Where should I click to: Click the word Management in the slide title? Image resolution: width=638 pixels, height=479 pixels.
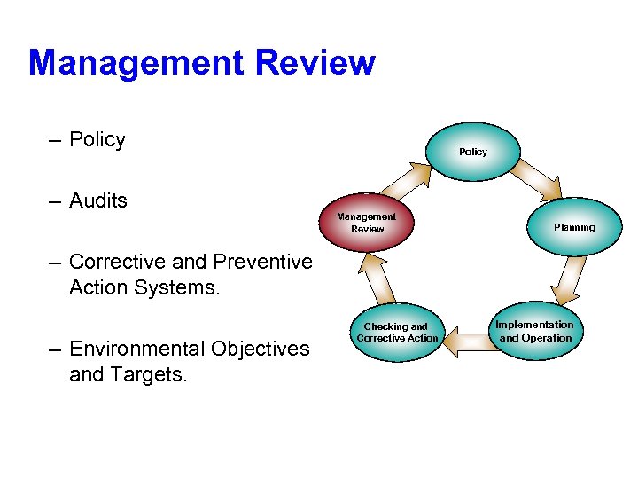(135, 64)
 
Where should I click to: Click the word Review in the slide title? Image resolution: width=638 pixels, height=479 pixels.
(315, 64)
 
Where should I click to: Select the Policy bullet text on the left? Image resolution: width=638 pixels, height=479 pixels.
(97, 140)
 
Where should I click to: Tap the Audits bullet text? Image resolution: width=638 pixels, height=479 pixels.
(97, 201)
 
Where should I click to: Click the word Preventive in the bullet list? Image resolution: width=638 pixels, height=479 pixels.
(263, 263)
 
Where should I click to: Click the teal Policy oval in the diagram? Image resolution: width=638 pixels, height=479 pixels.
(473, 152)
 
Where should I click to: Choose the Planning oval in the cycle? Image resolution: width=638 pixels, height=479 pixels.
(574, 227)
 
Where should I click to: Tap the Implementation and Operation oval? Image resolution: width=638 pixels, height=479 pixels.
(535, 331)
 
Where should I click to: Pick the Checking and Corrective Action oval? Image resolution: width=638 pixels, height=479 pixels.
(397, 333)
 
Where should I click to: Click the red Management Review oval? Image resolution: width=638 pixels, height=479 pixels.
(367, 223)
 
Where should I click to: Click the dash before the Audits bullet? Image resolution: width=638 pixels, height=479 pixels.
(55, 202)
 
